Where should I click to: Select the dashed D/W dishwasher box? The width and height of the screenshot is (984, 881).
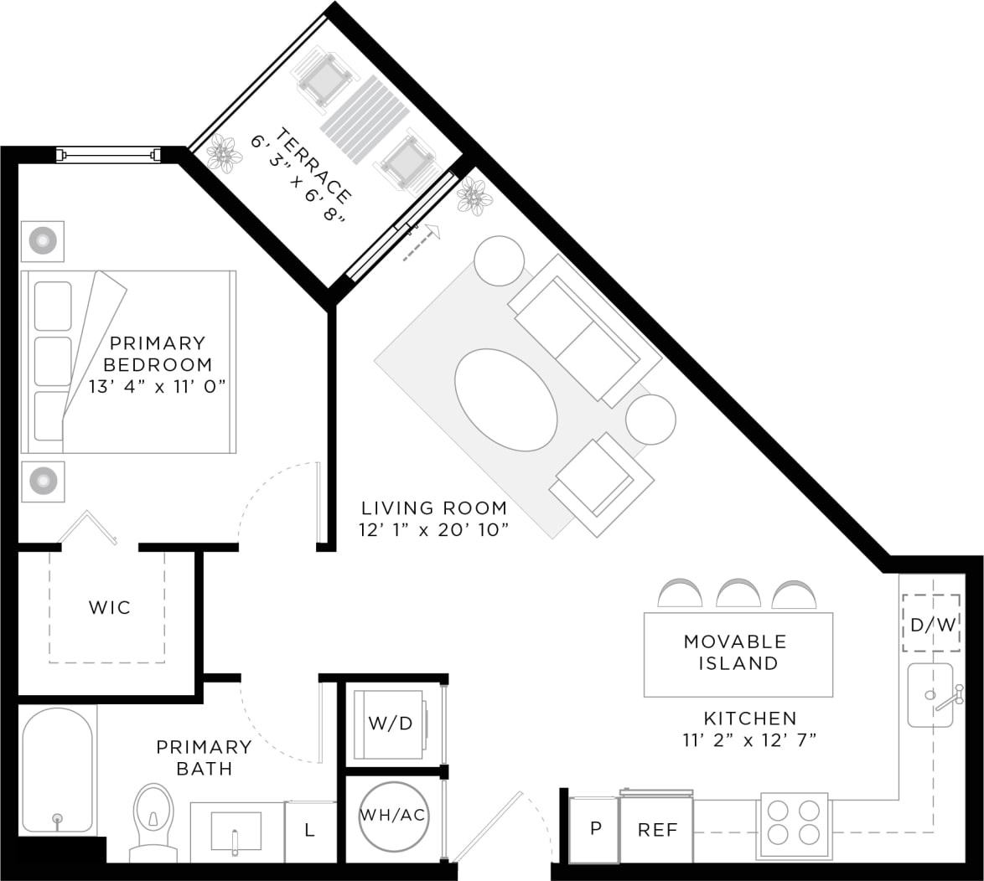pyautogui.click(x=931, y=623)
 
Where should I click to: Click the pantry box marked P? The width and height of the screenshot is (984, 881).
pyautogui.click(x=594, y=829)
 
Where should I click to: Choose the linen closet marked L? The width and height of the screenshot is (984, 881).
pyautogui.click(x=309, y=831)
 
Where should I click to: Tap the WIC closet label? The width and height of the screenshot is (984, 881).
pyautogui.click(x=110, y=607)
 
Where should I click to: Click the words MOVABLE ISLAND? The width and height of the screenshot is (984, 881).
pyautogui.click(x=735, y=652)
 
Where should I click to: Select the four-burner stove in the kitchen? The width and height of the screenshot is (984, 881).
pyautogui.click(x=793, y=823)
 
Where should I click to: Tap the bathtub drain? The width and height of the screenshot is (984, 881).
pyautogui.click(x=58, y=818)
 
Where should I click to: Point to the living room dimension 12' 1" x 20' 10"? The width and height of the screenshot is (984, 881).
pyautogui.click(x=434, y=529)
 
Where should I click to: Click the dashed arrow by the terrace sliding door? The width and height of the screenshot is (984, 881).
pyautogui.click(x=422, y=243)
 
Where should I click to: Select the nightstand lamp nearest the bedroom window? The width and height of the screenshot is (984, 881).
pyautogui.click(x=42, y=241)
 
